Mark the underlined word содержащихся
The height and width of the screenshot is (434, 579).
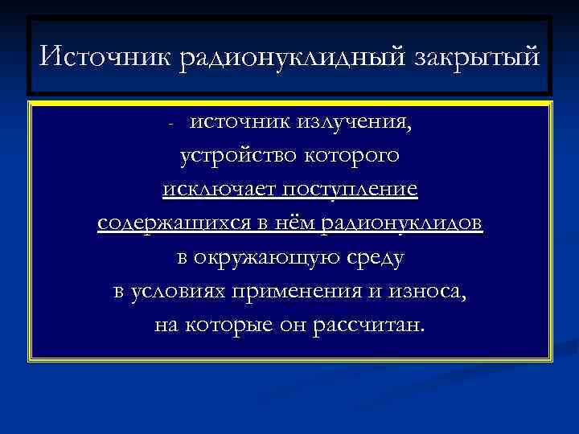[x=171, y=224]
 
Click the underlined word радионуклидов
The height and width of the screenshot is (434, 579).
[x=401, y=224]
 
